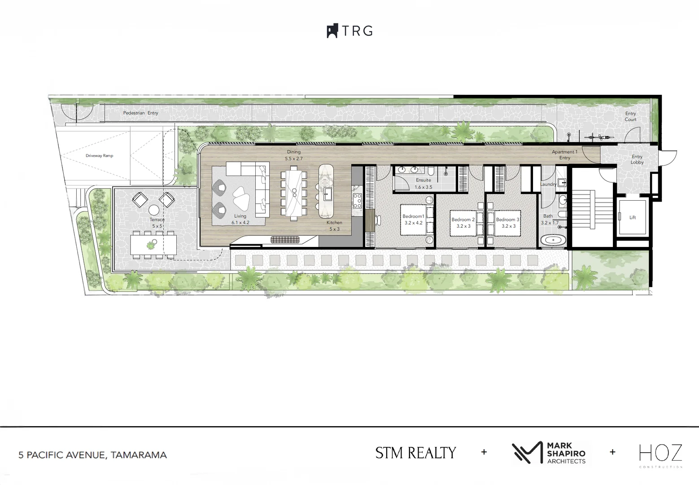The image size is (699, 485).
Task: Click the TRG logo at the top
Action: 350,31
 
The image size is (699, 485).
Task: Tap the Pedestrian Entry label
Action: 140,113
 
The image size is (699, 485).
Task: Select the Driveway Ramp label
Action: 99,156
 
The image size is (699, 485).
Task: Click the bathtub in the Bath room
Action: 553,240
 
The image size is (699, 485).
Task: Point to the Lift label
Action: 632,217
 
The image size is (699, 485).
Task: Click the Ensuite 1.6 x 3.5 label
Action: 423,183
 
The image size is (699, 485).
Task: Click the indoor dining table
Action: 294,193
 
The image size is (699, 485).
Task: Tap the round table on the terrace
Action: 154,210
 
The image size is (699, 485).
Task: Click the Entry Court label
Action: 630,116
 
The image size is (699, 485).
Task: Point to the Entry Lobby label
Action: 637,159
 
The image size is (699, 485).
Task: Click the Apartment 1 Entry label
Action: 564,154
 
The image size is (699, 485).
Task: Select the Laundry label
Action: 548,184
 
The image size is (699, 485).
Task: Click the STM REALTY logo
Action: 415,453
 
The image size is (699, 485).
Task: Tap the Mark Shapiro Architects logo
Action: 550,453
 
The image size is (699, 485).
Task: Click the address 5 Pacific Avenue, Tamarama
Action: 92,455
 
